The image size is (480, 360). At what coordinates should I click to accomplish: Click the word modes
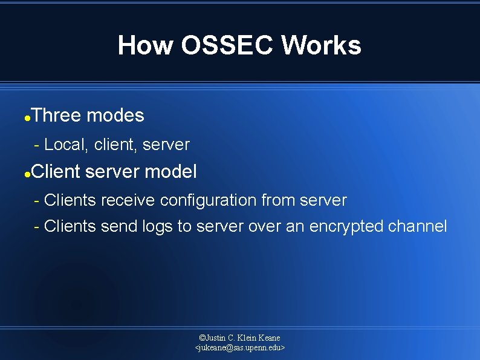pos(115,115)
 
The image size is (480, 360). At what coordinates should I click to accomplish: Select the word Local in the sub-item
pos(66,145)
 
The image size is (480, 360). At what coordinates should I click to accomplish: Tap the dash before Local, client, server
pos(37,145)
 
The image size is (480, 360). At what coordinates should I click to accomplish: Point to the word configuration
pos(208,200)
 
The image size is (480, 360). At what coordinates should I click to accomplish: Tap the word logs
pos(157,226)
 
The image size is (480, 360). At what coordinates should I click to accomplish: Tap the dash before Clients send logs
pos(37,226)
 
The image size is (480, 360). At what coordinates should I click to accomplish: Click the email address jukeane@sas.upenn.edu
pos(240,348)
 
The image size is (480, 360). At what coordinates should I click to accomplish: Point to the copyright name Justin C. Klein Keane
pos(240,338)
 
